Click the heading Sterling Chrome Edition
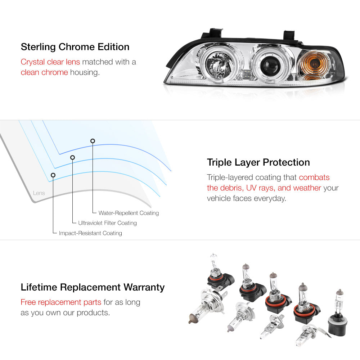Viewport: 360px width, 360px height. point(75,47)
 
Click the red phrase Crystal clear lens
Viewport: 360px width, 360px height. point(50,62)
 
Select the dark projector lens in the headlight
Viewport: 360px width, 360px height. point(270,64)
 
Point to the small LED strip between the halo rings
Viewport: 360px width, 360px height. point(247,74)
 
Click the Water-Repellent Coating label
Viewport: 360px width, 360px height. point(129,213)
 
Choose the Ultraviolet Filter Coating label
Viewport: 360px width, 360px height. point(107,223)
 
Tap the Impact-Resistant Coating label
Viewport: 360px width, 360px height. point(90,233)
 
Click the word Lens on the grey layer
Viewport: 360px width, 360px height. point(39,193)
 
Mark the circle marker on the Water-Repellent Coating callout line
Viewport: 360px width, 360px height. point(93,141)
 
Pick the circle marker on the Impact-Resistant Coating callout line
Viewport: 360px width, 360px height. point(53,175)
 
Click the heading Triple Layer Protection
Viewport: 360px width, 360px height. point(258,162)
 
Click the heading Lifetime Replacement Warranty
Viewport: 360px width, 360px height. point(93,287)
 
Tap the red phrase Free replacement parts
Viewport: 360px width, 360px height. point(61,302)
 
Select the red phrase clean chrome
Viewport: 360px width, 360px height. point(44,72)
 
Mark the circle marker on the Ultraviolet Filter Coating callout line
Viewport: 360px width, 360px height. point(73,157)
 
